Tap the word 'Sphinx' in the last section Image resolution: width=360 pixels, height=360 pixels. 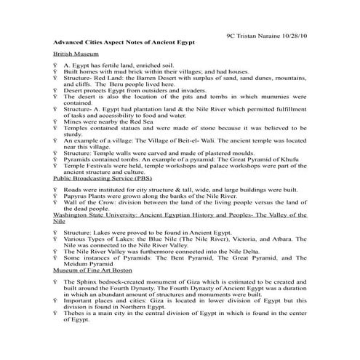[x=85, y=281]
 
